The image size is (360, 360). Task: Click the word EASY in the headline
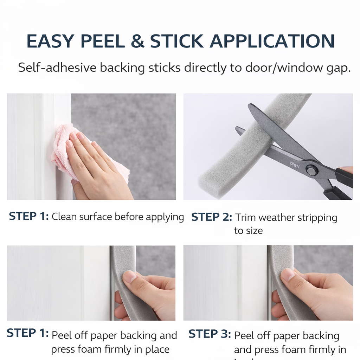pos(50,41)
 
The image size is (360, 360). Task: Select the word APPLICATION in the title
pos(272,41)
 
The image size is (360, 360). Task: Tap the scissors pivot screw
pos(311,170)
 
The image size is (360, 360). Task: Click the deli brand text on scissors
pos(294,163)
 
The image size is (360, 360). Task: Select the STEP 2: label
pos(212,217)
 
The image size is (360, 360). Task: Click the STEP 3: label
pos(210,334)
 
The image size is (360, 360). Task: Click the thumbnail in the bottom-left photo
pos(130,277)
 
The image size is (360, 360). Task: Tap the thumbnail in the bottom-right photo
pos(288,275)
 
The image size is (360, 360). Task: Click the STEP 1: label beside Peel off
pos(27,333)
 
